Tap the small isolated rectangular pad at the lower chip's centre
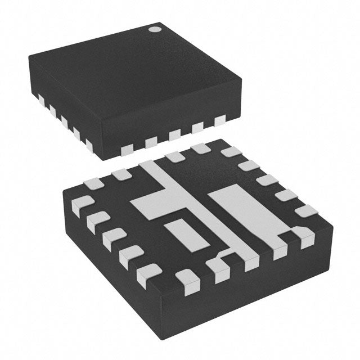[182, 232]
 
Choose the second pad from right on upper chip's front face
[197, 128]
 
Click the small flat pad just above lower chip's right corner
[307, 211]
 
